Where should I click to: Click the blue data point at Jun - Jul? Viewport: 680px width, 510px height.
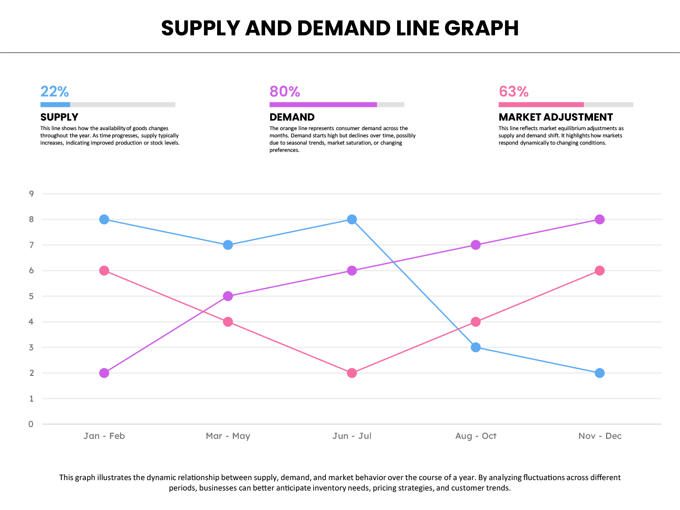(x=352, y=219)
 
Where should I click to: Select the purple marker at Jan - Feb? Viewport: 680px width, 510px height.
(x=104, y=373)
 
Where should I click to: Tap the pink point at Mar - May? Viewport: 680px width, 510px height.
(x=228, y=322)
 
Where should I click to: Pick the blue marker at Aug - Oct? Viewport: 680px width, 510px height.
(x=476, y=347)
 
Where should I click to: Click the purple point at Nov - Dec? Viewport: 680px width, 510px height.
(x=599, y=219)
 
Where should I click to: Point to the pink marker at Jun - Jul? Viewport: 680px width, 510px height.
(x=352, y=373)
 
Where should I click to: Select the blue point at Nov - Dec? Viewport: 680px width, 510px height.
(x=599, y=373)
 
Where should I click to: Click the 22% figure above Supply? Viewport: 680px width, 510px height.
(x=54, y=92)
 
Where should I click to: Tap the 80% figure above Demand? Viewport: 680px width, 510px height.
(x=285, y=92)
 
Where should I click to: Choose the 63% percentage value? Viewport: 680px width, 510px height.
(x=514, y=92)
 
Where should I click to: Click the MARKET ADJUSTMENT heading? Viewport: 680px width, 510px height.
(x=556, y=117)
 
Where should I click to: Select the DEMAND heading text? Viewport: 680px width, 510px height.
(x=292, y=117)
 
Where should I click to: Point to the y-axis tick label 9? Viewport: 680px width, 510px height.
(x=31, y=194)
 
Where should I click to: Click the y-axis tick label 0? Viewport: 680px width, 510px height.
(x=31, y=424)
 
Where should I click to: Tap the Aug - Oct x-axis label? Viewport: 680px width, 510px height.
(x=476, y=436)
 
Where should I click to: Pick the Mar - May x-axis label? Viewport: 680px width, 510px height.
(x=228, y=436)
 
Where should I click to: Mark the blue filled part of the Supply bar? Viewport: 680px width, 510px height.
(x=55, y=105)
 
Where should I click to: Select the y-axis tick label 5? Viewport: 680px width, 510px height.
(x=31, y=296)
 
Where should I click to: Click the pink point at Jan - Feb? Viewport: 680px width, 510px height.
(x=104, y=271)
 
